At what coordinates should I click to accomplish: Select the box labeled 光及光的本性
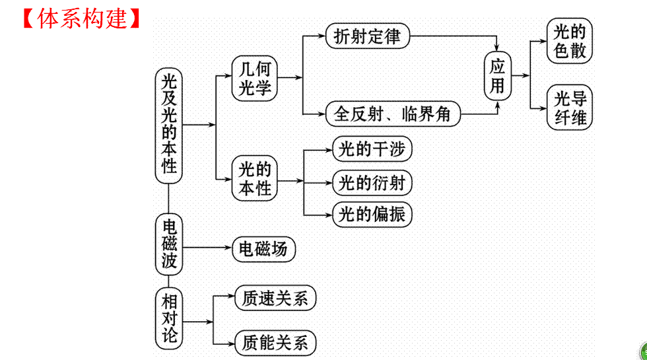pos(170,124)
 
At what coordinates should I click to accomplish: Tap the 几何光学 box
pos(255,78)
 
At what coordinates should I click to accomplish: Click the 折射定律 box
pos(368,36)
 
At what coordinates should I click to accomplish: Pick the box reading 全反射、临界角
pos(393,114)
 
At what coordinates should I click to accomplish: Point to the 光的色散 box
pos(570,41)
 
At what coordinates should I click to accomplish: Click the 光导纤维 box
pos(570,108)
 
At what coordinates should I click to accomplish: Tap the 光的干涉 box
pos(372,149)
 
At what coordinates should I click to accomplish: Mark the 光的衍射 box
pos(372,182)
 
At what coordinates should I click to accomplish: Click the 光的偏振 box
pos(372,214)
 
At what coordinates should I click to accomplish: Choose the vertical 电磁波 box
pos(170,244)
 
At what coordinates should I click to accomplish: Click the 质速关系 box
pos(275,299)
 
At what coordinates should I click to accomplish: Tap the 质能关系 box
pos(275,343)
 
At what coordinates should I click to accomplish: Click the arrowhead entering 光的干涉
pos(327,150)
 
